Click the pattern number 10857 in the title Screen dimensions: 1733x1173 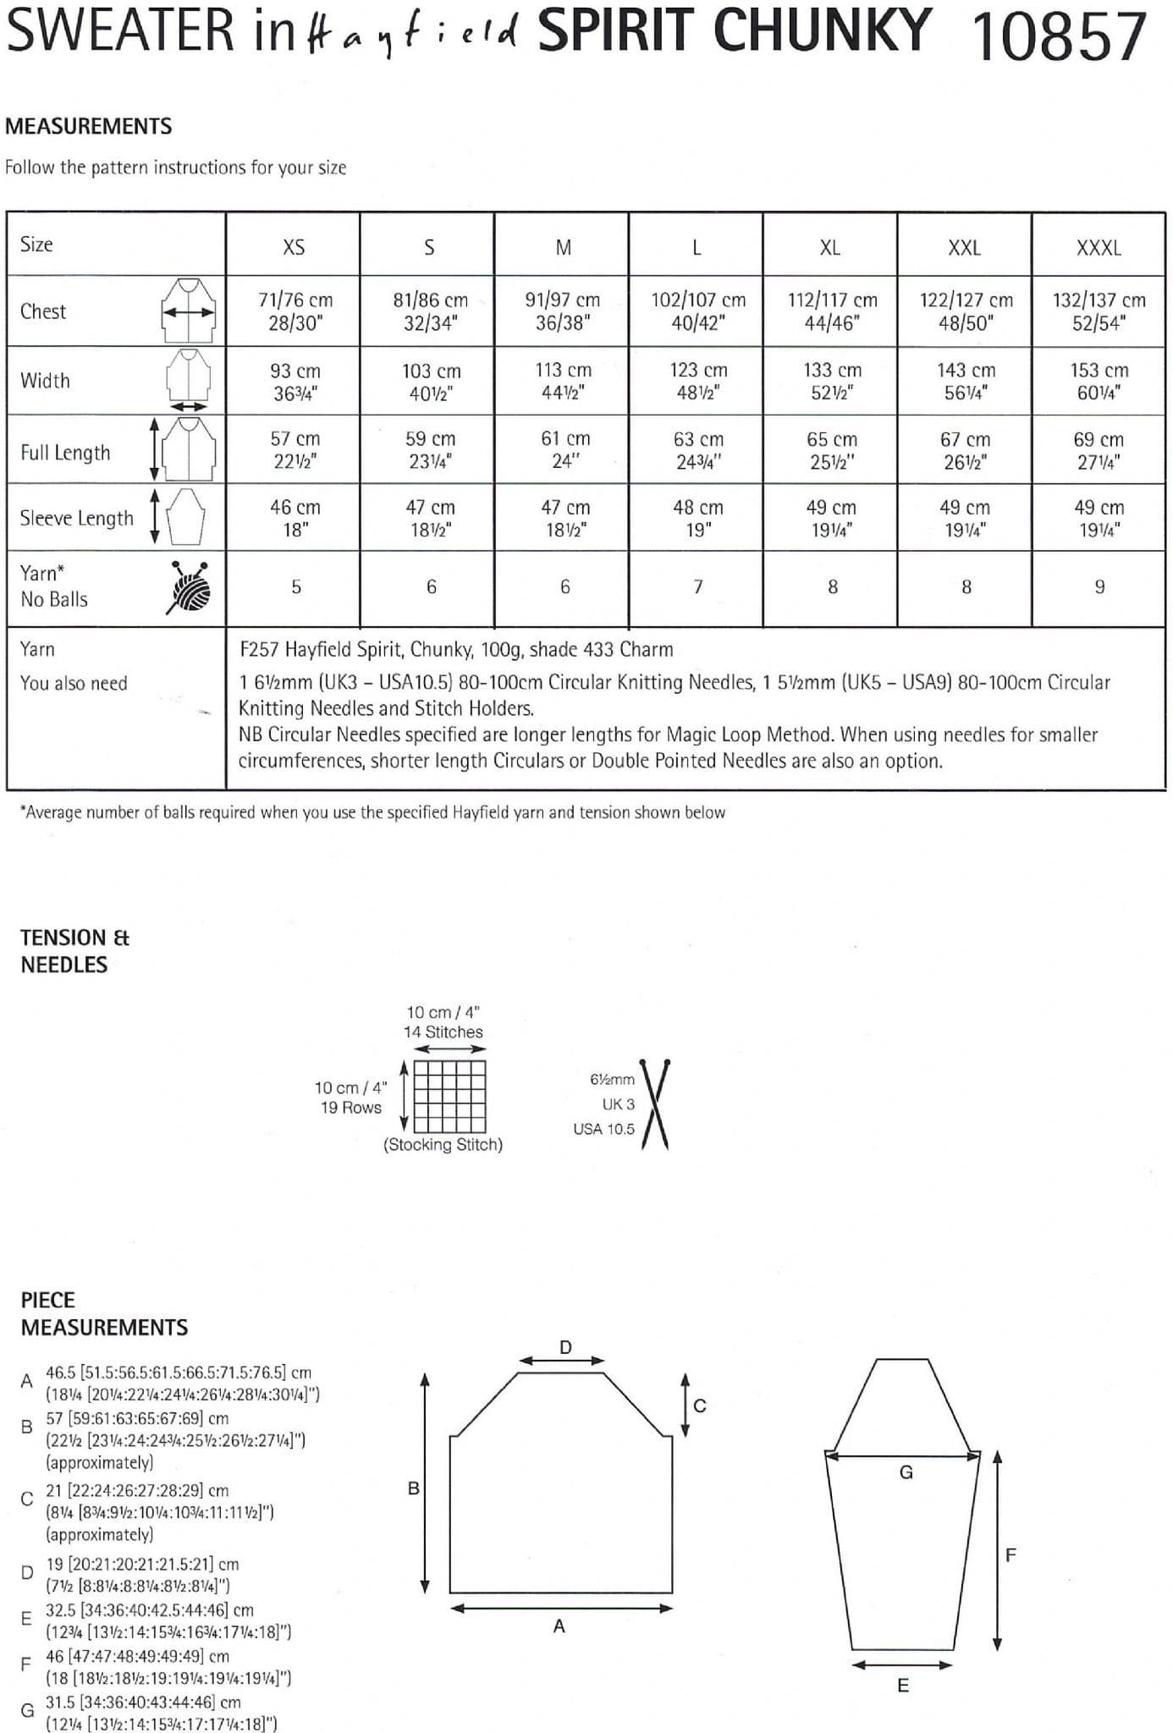[x=1060, y=36]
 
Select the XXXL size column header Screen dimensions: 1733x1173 [x=1098, y=248]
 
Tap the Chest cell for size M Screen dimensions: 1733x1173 [x=562, y=311]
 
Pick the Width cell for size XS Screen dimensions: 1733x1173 [x=294, y=382]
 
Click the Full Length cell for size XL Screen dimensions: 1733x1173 [x=831, y=450]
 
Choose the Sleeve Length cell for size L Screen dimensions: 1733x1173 [x=697, y=518]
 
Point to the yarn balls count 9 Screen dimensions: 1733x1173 [x=1099, y=587]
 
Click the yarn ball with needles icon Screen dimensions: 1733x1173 [x=189, y=587]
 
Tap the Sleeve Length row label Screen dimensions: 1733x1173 [x=76, y=518]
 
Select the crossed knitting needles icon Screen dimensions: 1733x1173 [x=655, y=1104]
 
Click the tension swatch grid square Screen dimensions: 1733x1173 [x=449, y=1096]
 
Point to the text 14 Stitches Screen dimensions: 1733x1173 [x=443, y=1032]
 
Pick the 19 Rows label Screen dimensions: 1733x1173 [x=350, y=1108]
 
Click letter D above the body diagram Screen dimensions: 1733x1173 [x=565, y=1347]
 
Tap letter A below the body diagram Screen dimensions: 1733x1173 [x=559, y=1626]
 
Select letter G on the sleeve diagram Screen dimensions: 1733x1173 [x=906, y=1472]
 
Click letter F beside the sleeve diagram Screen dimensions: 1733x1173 [x=1010, y=1554]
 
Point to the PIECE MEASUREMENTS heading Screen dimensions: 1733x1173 [x=103, y=1313]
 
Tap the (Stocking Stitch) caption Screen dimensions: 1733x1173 [x=443, y=1145]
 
